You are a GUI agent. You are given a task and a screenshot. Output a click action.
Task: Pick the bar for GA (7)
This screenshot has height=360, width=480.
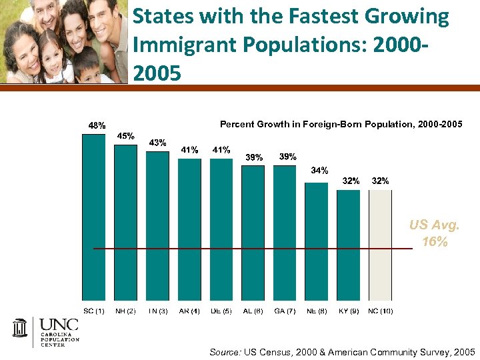click(x=285, y=233)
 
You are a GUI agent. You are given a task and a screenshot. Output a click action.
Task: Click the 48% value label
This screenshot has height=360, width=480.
click(x=97, y=125)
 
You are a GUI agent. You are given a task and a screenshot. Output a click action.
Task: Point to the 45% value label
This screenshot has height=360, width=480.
click(x=127, y=135)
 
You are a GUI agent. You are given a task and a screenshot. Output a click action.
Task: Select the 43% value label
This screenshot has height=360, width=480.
click(x=157, y=143)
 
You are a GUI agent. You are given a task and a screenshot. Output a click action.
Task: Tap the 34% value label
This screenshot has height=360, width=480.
click(x=319, y=171)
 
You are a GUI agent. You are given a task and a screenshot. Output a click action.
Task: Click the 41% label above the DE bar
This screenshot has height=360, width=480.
click(x=221, y=150)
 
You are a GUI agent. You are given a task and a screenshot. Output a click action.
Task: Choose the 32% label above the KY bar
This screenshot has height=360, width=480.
click(x=351, y=181)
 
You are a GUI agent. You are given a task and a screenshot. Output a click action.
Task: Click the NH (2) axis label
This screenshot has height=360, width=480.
click(x=125, y=311)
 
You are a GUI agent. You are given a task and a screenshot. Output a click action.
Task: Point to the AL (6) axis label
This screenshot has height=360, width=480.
click(x=253, y=311)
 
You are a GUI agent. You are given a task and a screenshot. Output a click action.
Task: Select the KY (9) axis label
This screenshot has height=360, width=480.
click(x=348, y=311)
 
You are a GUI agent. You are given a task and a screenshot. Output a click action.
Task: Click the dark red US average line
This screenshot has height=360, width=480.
click(x=253, y=249)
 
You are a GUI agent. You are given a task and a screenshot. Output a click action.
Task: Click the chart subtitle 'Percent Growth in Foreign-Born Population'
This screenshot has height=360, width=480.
click(x=340, y=125)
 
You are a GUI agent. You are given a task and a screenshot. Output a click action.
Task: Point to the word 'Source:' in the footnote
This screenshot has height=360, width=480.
click(x=225, y=351)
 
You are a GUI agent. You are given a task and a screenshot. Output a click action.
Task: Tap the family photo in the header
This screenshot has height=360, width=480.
click(x=63, y=41)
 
